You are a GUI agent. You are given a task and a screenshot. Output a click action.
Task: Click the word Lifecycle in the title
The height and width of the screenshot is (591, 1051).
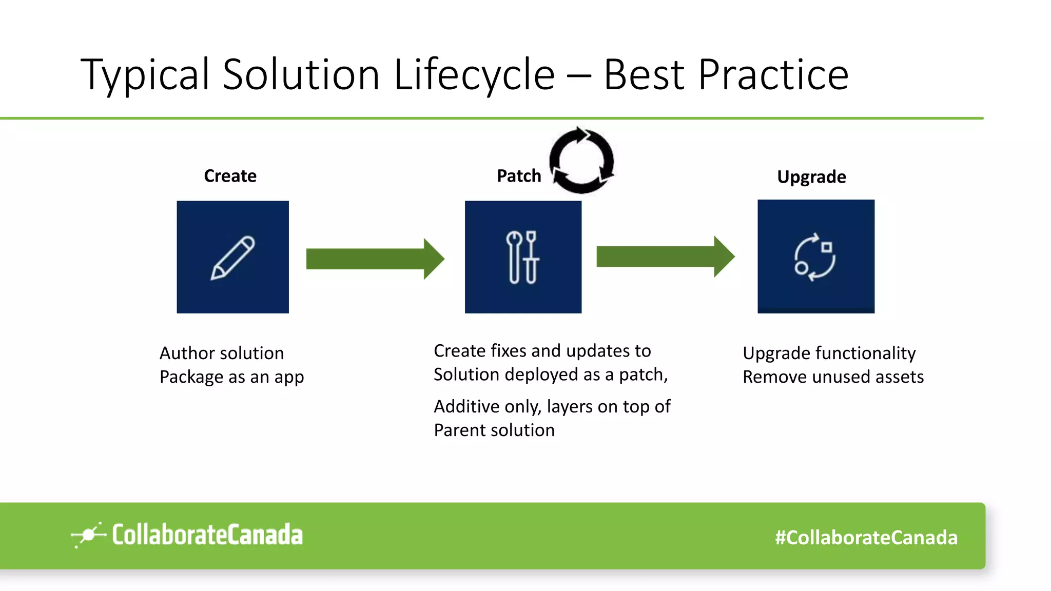coord(474,75)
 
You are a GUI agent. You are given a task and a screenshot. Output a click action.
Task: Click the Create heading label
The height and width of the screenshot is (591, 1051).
coord(230,176)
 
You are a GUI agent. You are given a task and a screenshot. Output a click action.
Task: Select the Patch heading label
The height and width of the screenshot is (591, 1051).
coord(519,176)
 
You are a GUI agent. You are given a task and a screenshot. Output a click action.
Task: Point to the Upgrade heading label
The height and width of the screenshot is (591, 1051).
coord(811,177)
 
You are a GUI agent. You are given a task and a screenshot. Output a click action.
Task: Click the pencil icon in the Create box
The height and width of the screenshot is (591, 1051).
coord(233,258)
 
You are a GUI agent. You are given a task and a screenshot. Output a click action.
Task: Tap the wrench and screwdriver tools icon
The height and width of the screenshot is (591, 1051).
coord(523,258)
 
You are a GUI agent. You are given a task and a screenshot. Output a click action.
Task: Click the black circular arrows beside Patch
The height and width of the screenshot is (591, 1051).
coord(581,161)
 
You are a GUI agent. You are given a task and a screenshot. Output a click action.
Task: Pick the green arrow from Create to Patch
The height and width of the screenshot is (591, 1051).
coord(375,259)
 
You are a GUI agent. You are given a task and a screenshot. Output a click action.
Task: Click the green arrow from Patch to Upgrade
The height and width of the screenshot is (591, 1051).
coord(665,257)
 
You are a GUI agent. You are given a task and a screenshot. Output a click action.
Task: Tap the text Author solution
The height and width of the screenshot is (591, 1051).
coord(222,353)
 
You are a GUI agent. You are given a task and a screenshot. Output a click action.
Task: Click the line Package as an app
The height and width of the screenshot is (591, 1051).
coord(231,377)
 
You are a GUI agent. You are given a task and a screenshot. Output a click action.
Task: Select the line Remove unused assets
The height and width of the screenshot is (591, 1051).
coord(833,377)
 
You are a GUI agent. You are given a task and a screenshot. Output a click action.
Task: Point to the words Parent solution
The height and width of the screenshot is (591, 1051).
coord(494,430)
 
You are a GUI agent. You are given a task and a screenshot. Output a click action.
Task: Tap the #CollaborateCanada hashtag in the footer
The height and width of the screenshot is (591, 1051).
coord(866,538)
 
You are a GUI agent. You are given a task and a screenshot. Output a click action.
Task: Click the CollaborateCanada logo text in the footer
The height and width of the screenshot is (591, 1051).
coord(207,535)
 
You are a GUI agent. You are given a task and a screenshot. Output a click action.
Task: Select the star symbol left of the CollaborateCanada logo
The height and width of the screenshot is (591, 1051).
coord(88,535)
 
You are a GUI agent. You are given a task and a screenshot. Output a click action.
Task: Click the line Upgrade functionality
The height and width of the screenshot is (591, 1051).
coord(829,353)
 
